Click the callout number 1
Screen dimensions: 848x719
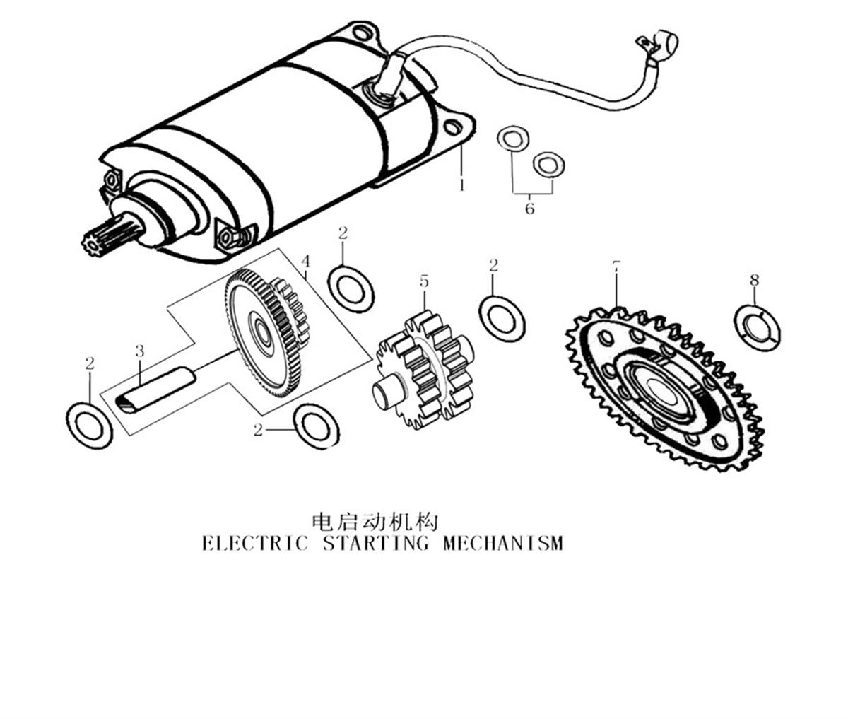462,185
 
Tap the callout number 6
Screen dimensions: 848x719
529,209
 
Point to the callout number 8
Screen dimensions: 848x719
754,280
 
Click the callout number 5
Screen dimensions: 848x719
424,281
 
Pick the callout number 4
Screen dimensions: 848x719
305,262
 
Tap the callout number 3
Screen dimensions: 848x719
140,351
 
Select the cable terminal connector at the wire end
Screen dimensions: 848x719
657,42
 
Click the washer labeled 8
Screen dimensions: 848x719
757,328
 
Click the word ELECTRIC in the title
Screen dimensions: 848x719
255,544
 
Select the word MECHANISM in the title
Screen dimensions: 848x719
503,544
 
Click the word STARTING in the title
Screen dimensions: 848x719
376,544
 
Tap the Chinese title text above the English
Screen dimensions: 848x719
375,522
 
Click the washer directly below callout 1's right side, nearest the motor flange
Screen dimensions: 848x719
513,139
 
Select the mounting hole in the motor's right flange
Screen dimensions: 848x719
452,127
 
